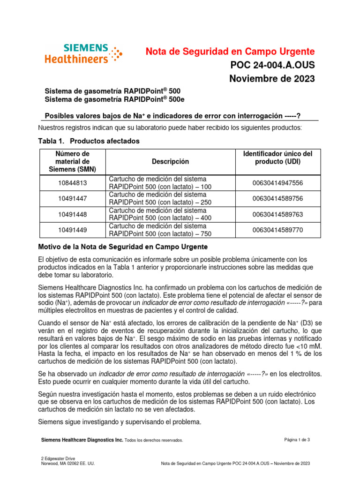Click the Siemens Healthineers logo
coord(83,53)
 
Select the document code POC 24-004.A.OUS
coord(271,65)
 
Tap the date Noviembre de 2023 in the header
coord(272,78)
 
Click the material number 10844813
coord(72,183)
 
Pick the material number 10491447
coord(72,198)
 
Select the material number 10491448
coord(72,214)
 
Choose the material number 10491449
coord(72,229)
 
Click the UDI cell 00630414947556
coord(277,183)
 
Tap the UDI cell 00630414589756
coord(277,198)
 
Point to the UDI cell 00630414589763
coord(277,214)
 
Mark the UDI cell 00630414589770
coord(277,229)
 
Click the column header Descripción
coord(170,162)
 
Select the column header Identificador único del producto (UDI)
coord(277,158)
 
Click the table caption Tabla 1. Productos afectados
coord(88,141)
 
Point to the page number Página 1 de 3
coord(297,439)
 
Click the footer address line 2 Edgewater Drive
coord(58,458)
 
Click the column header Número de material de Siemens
coord(72,162)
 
